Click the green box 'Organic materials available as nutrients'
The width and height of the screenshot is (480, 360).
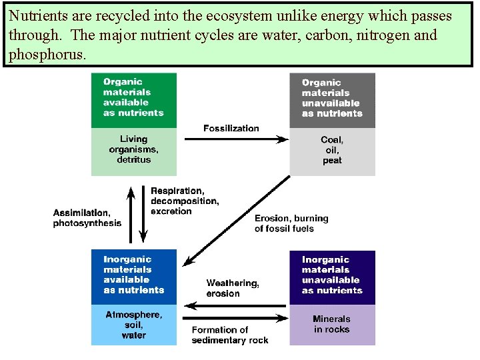[x=133, y=99]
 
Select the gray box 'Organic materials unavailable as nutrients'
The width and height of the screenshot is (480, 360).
[x=332, y=100]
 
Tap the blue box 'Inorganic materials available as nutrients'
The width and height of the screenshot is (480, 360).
[x=133, y=276]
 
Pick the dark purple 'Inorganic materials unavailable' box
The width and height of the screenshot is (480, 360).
[x=332, y=277]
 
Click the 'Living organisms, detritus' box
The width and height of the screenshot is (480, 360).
[x=133, y=151]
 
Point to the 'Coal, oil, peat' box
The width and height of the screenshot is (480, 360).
[x=332, y=151]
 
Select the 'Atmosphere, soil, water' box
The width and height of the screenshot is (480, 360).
[x=133, y=325]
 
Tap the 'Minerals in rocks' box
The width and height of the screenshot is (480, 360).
[x=332, y=325]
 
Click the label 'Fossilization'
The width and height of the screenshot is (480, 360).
[x=231, y=128]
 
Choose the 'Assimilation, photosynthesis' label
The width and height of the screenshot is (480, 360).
[x=87, y=218]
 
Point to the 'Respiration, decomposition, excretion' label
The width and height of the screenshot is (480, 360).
[x=185, y=201]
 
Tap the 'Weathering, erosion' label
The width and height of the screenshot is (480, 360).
[x=233, y=289]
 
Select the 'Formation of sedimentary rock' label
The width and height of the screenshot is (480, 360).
[x=230, y=335]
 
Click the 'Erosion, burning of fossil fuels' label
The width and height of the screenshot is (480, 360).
[x=291, y=223]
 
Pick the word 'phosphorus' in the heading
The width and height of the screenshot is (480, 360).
[x=46, y=55]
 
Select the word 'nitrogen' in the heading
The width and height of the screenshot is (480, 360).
[x=381, y=35]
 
